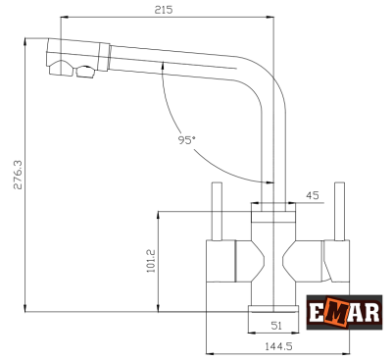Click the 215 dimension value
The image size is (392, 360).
164,10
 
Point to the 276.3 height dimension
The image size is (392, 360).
18,175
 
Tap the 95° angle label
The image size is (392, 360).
186,140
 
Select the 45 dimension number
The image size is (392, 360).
312,195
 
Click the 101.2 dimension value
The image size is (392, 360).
151,261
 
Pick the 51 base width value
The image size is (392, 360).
276,326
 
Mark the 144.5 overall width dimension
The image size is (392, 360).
278,346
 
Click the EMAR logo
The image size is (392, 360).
344,312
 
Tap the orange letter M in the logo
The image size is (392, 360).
337,313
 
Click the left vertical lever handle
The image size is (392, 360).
218,212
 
